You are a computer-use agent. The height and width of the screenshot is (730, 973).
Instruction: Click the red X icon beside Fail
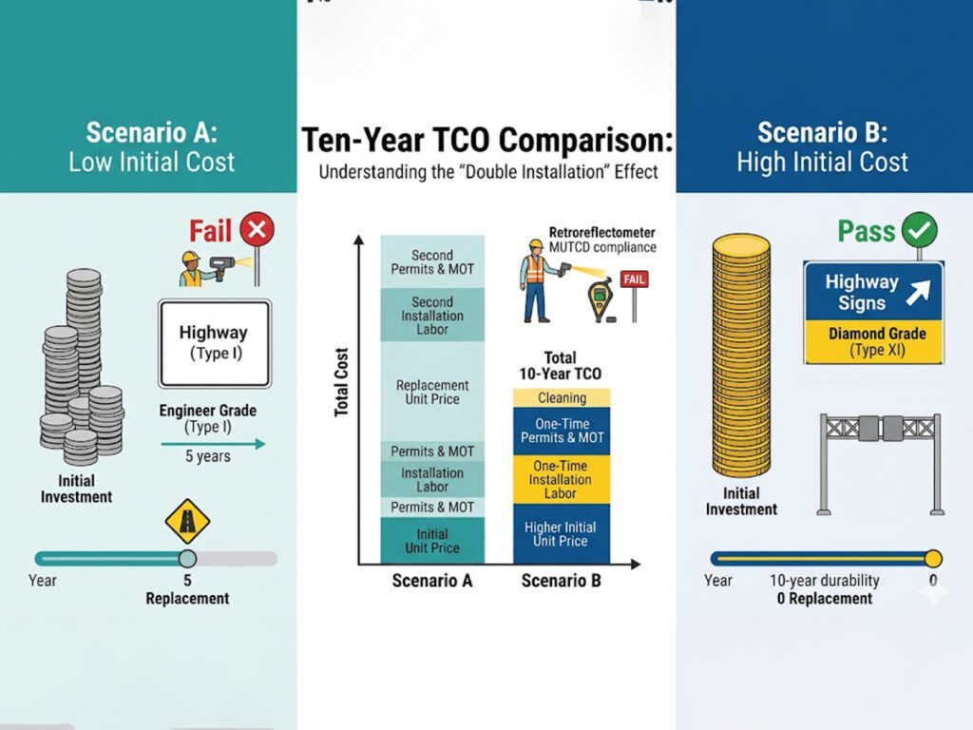click(x=257, y=229)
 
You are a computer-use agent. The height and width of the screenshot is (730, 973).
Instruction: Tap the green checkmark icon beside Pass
click(x=920, y=229)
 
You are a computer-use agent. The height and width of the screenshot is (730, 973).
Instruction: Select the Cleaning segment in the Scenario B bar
click(x=562, y=397)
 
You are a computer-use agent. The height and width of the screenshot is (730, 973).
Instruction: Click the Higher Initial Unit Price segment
click(x=562, y=534)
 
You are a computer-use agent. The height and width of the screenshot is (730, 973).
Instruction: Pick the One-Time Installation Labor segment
click(x=562, y=479)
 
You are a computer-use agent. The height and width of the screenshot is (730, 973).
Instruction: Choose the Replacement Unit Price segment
click(x=432, y=392)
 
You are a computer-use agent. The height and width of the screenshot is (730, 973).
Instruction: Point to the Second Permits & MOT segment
click(x=432, y=261)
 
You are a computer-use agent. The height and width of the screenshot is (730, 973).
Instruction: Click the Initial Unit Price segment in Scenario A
click(x=432, y=540)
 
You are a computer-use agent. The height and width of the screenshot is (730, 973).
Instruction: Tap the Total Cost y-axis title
click(x=341, y=383)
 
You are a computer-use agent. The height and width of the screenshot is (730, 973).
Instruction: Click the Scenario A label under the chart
click(x=432, y=581)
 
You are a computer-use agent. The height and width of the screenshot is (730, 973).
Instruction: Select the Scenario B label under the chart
click(x=562, y=581)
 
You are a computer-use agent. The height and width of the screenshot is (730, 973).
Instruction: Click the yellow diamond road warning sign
click(x=187, y=521)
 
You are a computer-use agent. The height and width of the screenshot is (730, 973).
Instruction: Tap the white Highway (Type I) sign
click(x=214, y=342)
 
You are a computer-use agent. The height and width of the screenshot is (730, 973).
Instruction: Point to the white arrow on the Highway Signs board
click(x=918, y=292)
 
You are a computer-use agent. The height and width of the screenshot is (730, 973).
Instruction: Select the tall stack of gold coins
click(x=741, y=356)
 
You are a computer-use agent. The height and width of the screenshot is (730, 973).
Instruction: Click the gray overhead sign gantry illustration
click(x=879, y=460)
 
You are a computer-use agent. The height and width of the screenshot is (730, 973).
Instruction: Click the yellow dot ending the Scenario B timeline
click(x=933, y=558)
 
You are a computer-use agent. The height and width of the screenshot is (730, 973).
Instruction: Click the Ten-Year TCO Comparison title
click(x=486, y=141)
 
